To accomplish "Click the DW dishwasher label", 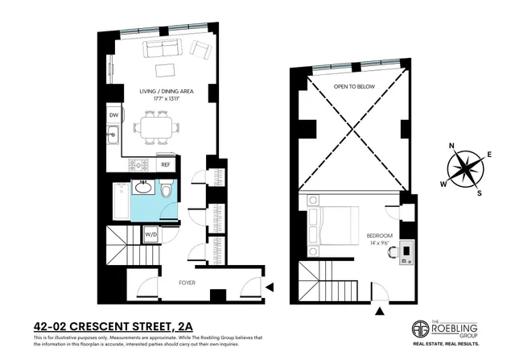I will click(114, 115).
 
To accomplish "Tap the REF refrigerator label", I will click(166, 164).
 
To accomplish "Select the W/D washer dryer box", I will click(150, 234).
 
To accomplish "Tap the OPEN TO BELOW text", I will click(351, 88).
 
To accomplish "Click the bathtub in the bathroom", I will click(117, 203).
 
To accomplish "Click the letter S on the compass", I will click(480, 193).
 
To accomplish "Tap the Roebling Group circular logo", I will click(418, 329).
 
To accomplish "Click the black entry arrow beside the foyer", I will click(270, 286).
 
